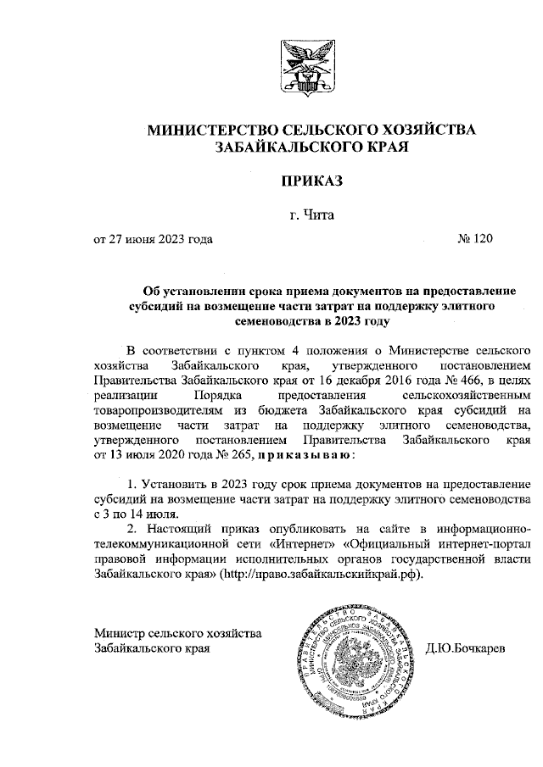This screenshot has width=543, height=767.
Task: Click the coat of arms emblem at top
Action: click(309, 69)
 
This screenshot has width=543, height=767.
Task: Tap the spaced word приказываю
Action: click(294, 455)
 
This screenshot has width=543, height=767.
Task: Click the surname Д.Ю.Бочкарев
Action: click(466, 648)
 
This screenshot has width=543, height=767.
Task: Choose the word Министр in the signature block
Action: click(120, 633)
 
